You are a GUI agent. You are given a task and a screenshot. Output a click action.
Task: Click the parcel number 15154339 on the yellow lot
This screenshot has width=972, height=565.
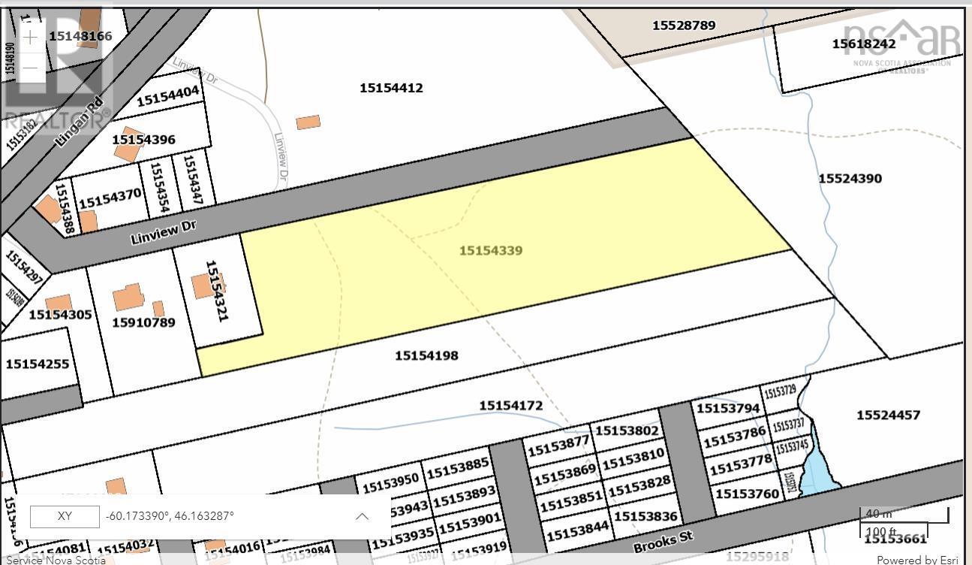(491, 250)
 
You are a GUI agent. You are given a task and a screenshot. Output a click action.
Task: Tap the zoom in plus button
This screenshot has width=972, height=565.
(29, 38)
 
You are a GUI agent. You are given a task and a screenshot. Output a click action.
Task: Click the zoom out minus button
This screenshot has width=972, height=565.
(29, 68)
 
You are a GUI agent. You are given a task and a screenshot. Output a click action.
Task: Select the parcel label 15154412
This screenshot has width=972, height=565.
(391, 88)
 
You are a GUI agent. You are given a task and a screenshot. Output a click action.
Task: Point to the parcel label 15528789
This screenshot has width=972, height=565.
(684, 25)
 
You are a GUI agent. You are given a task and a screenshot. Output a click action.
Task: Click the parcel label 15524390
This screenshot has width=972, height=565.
(850, 178)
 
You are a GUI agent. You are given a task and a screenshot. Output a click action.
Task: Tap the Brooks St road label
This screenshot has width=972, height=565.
(663, 539)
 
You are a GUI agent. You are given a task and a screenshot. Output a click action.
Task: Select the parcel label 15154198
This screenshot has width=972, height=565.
(426, 355)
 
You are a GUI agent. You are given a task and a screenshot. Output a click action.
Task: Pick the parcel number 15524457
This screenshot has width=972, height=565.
(888, 415)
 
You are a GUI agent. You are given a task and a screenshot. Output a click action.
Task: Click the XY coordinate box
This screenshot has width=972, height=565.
(65, 516)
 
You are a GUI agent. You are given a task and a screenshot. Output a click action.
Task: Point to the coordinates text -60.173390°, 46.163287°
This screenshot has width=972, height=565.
(170, 516)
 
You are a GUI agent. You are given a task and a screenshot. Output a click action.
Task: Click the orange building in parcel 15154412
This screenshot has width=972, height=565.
(308, 122)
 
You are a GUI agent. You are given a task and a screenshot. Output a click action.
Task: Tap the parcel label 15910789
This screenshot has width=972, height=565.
(143, 322)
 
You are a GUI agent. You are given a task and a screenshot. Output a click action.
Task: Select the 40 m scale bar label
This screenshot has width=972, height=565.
(878, 514)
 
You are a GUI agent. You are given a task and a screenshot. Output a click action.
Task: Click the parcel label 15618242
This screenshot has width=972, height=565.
(863, 44)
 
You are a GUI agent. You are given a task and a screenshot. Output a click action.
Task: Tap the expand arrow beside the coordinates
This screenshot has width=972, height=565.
(362, 516)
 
